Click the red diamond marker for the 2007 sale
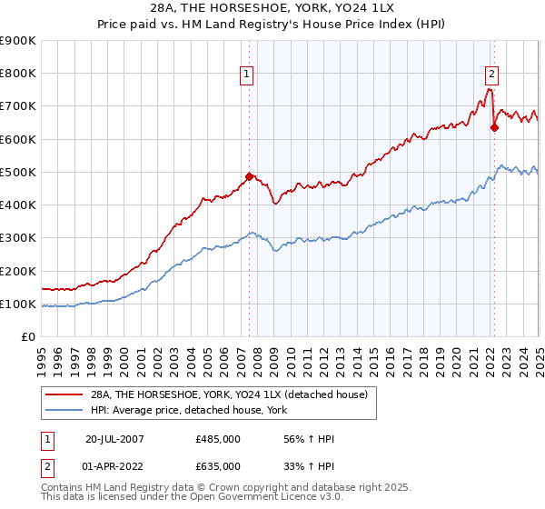click(249, 176)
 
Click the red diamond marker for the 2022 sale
click(494, 127)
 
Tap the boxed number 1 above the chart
click(247, 75)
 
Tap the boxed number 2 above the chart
click(491, 75)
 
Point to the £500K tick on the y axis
click(18, 173)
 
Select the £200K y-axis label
click(18, 272)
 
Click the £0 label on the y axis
click(27, 337)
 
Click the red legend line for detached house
click(64, 395)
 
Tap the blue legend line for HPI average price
click(64, 411)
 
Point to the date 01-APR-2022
click(115, 465)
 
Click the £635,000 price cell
click(218, 465)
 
